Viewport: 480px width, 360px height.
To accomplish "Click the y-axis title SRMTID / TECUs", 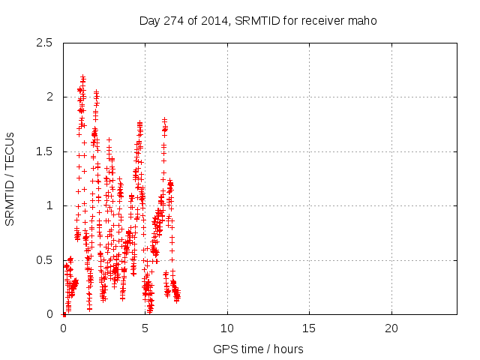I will click(x=10, y=179).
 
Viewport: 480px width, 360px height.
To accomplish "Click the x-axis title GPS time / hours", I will click(x=259, y=349).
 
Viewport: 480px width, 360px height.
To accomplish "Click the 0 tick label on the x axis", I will click(x=63, y=328).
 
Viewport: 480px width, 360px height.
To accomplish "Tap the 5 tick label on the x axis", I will click(x=145, y=328).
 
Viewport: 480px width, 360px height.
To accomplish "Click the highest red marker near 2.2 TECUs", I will click(x=82, y=76).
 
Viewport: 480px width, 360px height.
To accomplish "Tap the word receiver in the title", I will click(x=325, y=20).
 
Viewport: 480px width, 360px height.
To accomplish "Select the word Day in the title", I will click(x=148, y=20).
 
